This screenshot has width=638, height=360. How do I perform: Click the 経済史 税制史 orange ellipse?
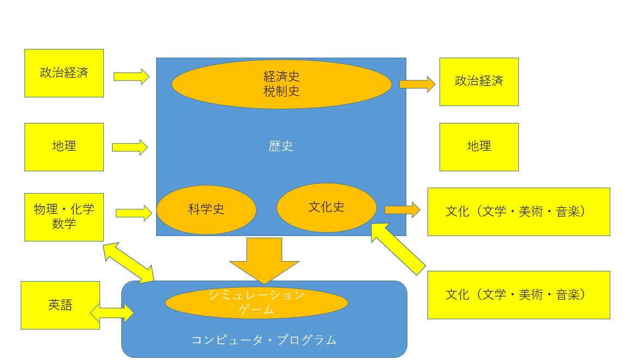coord(282,84)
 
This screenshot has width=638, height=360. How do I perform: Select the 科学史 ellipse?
coord(206,209)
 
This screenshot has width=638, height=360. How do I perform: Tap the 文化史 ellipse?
coord(326,207)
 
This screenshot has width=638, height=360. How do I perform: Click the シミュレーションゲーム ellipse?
coord(257,303)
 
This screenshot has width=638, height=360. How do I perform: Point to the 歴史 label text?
coord(281,146)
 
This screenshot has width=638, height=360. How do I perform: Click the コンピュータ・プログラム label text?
coord(264,340)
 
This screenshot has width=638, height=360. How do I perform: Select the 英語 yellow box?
coord(60,305)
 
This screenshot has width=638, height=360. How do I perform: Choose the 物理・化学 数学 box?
coord(64,217)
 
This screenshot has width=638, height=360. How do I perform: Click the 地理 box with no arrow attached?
coord(479,147)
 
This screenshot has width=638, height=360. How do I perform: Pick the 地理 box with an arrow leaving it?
coord(64,147)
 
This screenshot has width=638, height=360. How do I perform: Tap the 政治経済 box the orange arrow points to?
coord(479,82)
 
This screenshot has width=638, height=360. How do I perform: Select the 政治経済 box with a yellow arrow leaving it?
coord(64,73)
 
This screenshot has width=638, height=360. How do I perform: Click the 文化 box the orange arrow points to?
coord(519,212)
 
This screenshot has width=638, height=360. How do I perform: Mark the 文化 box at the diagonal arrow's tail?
coord(519,295)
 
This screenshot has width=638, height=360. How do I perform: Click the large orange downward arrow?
coord(264,260)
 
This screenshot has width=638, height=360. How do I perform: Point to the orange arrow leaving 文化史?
coord(402,210)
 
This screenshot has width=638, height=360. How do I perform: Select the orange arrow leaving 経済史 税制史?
coord(418,84)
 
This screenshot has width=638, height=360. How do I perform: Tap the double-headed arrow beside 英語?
coord(112,313)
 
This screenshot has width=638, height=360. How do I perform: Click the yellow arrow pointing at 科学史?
coord(134,213)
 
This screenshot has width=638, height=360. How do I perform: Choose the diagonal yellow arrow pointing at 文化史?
coord(398,248)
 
